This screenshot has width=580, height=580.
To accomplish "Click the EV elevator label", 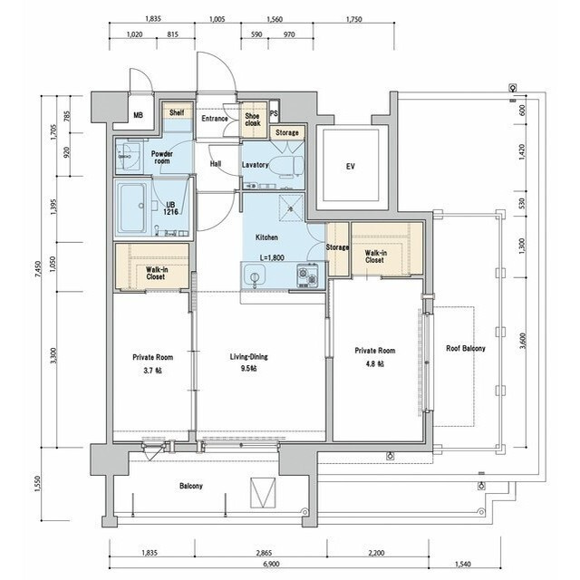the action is [x=351, y=167].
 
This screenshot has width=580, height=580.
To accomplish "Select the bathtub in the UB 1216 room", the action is [x=132, y=208].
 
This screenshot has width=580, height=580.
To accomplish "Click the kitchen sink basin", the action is [x=254, y=275].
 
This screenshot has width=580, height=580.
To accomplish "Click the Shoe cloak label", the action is [x=252, y=120].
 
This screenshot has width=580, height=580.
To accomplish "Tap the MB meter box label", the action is [x=138, y=115].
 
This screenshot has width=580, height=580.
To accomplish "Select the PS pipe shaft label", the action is [x=274, y=113].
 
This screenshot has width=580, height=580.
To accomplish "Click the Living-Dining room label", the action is [x=248, y=357].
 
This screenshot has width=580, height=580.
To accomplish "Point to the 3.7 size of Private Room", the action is [x=152, y=371].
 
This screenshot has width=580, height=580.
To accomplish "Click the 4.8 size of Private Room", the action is [x=374, y=364].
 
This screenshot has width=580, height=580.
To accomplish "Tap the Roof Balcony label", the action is [x=465, y=348].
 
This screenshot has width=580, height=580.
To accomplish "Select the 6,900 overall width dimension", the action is [x=271, y=564].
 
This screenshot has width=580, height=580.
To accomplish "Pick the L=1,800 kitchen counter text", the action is [x=272, y=257].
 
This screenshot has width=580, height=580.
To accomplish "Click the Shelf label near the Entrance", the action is [x=177, y=112].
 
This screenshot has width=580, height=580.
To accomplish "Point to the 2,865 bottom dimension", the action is [x=264, y=553].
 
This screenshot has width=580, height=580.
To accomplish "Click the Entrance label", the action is [x=215, y=119].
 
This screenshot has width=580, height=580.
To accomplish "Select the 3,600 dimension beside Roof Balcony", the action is [x=522, y=341].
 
